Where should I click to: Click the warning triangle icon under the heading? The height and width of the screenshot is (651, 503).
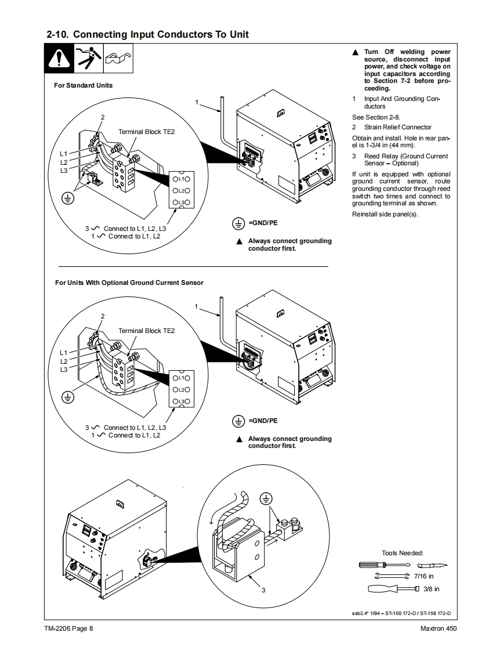tap(59, 59)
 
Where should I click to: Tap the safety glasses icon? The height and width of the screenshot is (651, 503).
tap(118, 58)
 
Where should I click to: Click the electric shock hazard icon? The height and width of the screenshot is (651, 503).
tap(88, 58)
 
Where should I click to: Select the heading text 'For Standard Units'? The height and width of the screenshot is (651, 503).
tap(83, 85)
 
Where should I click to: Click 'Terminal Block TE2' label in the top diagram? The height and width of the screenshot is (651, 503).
tap(147, 132)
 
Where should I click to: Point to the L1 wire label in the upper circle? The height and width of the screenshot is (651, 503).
tap(63, 154)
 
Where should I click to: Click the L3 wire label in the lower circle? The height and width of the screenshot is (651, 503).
tap(63, 370)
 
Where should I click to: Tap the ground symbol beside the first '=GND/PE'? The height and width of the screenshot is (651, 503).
tap(238, 224)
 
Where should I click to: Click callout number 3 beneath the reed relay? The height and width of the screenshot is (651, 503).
tap(263, 590)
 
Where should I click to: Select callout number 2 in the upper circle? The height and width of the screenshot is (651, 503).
tap(103, 118)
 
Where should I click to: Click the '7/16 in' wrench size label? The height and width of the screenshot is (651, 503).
tap(424, 576)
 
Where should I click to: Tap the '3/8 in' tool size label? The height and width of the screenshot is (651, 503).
tap(431, 589)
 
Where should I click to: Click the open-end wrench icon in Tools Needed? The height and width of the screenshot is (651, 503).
tap(392, 576)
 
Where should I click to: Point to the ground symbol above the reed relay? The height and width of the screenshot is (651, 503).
tap(266, 498)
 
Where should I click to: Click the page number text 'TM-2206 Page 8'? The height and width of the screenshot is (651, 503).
tap(69, 628)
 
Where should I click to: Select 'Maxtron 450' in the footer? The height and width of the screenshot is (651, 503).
tap(438, 628)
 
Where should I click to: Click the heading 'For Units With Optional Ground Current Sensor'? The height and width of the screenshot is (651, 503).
tap(129, 283)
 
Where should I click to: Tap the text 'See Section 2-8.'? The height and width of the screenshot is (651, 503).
tap(376, 118)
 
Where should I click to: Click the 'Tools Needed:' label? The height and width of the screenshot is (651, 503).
tap(403, 553)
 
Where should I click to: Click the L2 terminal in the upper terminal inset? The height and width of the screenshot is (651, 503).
tap(182, 190)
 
